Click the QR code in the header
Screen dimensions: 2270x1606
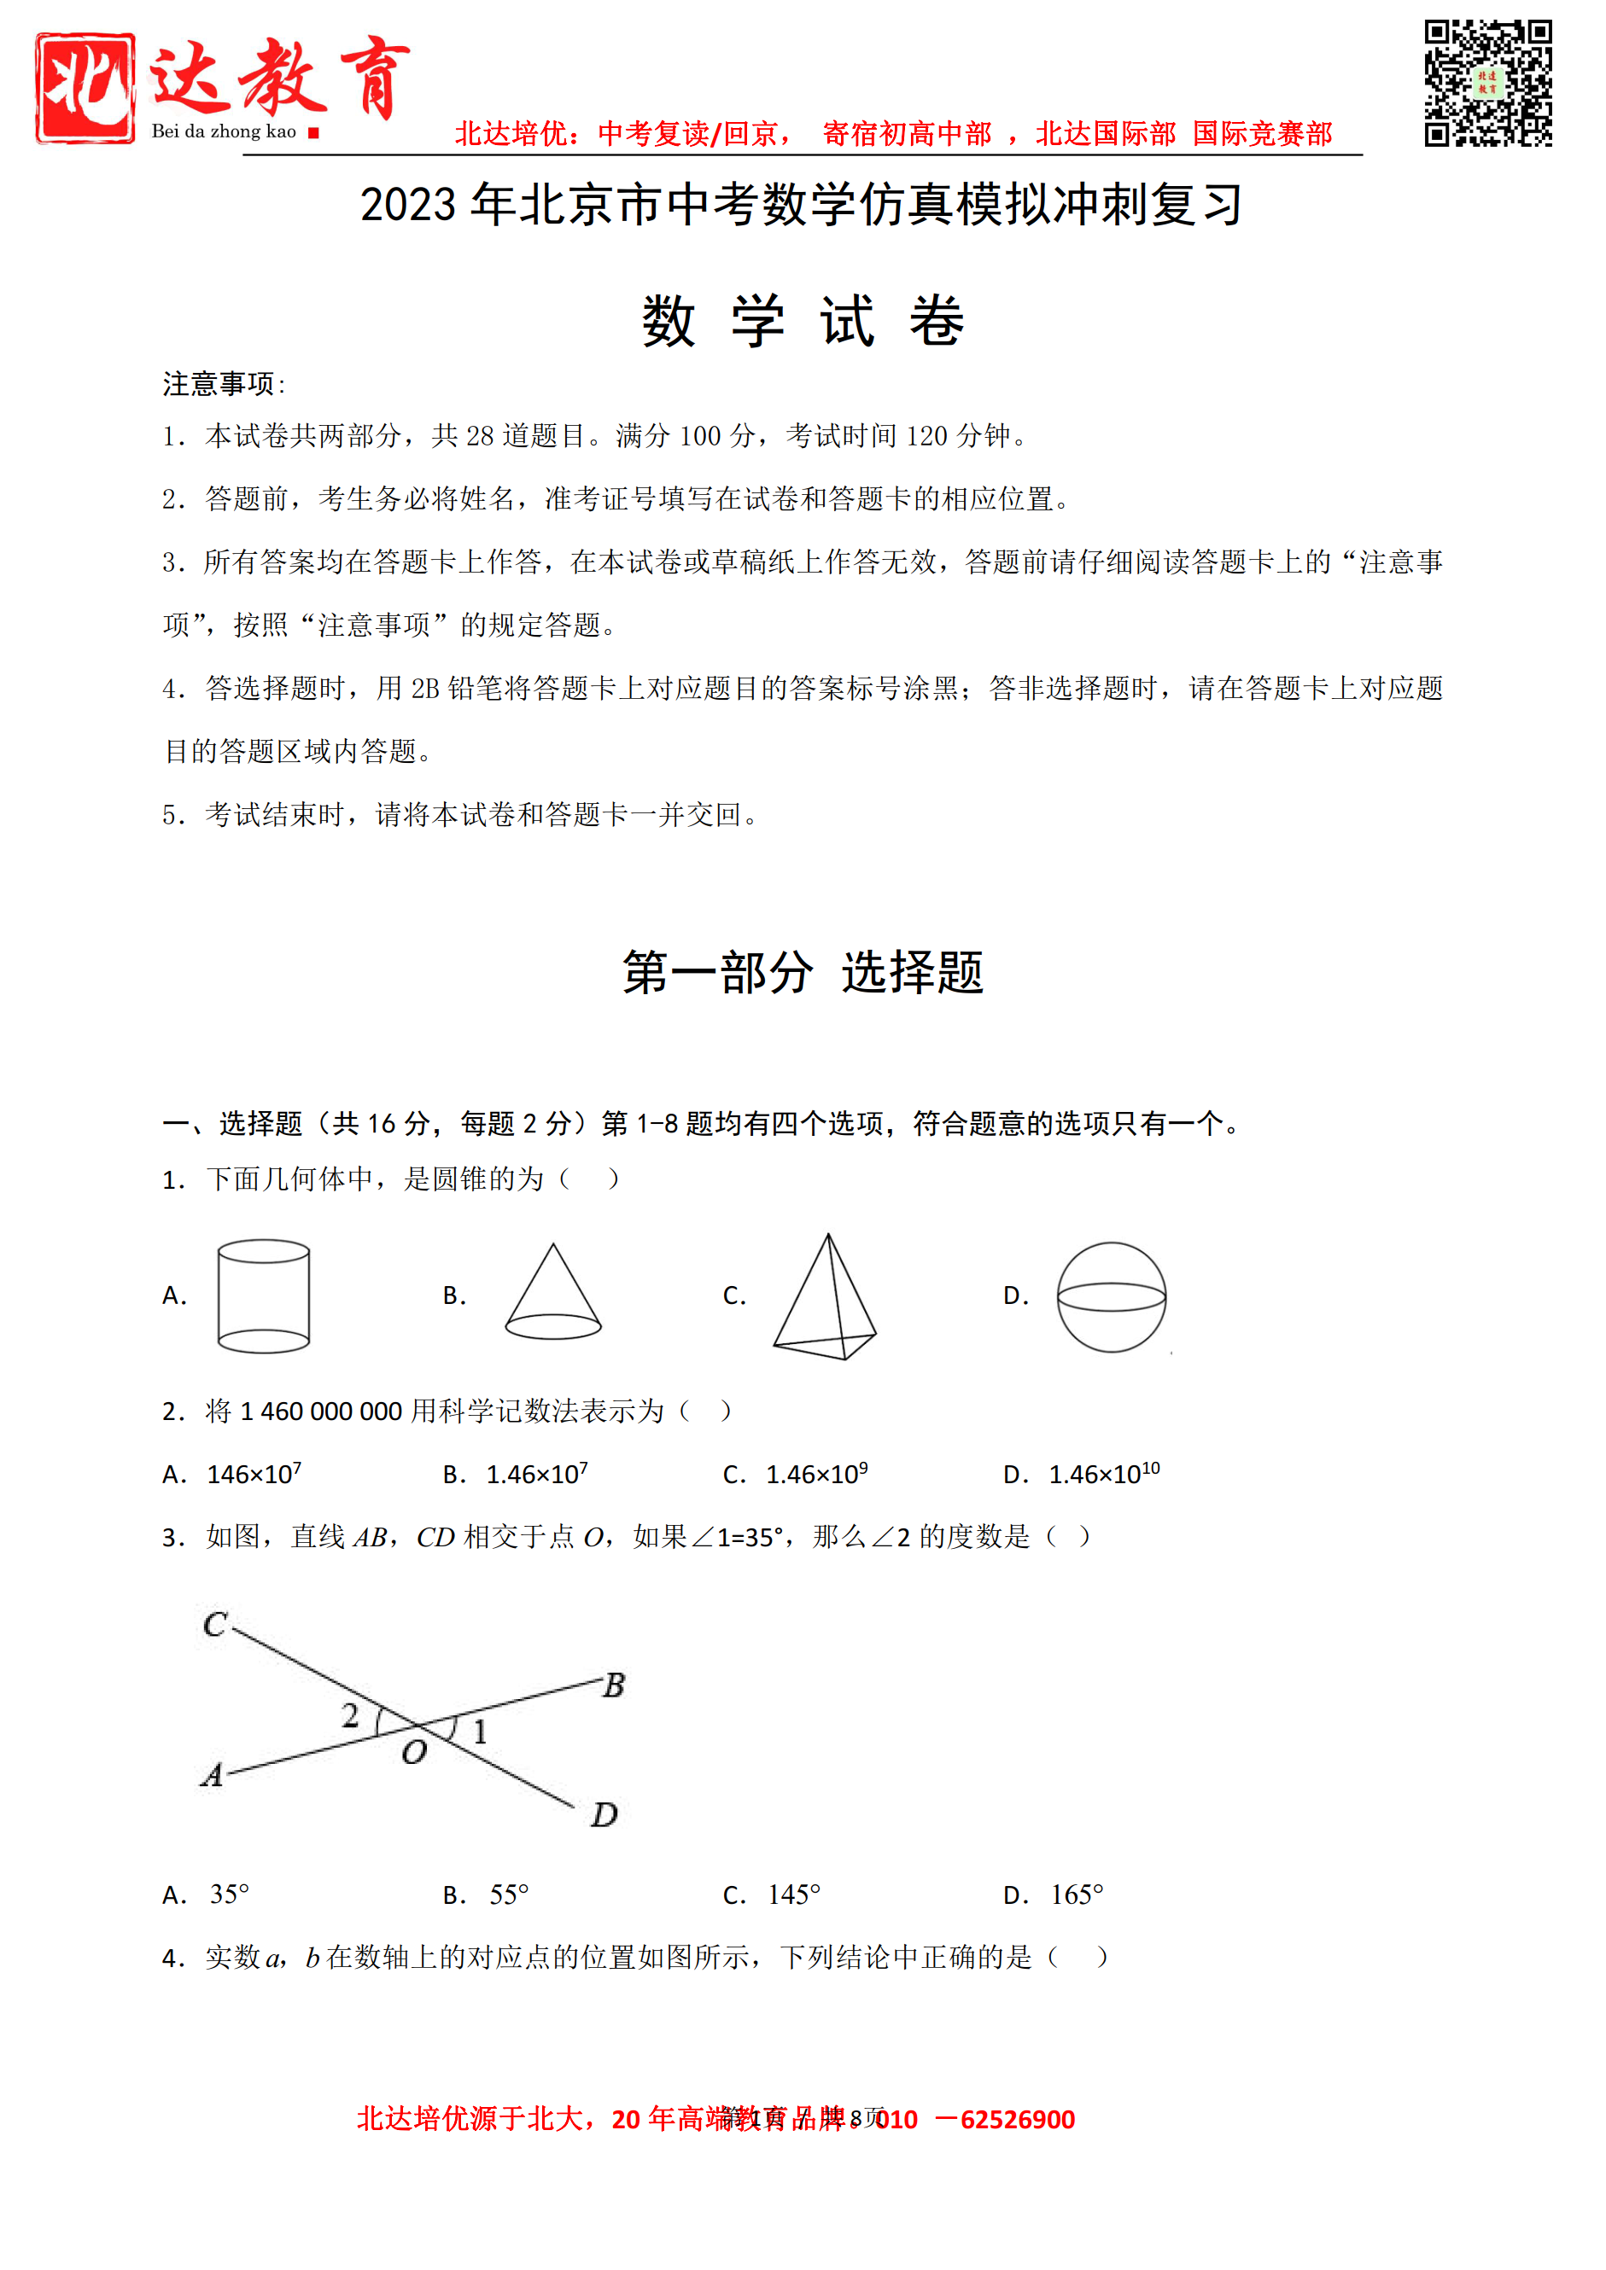pos(1487,83)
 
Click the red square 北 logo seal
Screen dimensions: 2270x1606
pos(85,88)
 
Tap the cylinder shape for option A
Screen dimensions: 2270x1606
pos(263,1295)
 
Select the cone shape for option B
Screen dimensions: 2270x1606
pos(552,1293)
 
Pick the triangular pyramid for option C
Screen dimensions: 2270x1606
pos(826,1298)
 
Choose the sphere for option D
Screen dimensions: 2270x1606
pos(1112,1296)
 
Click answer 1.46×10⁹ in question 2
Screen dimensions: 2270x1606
pos(816,1474)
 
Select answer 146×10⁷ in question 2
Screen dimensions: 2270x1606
pos(254,1474)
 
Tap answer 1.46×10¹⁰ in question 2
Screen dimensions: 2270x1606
pos(1104,1474)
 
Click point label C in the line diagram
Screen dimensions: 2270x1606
pos(214,1624)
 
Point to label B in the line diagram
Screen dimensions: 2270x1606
pos(614,1685)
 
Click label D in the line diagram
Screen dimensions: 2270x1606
pos(604,1814)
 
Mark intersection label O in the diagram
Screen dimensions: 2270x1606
pos(414,1753)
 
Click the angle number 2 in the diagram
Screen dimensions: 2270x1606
pos(350,1715)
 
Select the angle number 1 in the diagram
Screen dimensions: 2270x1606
pos(481,1732)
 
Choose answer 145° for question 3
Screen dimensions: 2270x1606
pos(794,1895)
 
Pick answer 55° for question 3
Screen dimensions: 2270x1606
pos(509,1895)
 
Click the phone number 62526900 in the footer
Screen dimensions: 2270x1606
pos(1017,2120)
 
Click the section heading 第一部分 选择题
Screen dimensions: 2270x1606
pos(802,972)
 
